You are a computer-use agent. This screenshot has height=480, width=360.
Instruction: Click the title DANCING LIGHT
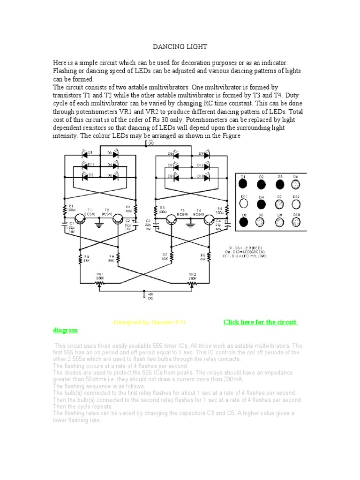pos(180,47)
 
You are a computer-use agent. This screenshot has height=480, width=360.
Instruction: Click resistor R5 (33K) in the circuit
pos(81,257)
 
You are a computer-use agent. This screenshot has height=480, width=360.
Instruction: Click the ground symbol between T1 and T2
pos(99,224)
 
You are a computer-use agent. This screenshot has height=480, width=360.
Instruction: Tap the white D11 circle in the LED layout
pos(243,204)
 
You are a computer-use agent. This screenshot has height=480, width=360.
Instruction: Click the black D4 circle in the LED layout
pos(261,204)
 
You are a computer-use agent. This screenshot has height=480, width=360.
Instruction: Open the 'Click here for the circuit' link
pos(261,322)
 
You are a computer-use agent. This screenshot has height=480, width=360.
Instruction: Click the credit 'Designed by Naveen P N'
pos(151,323)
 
